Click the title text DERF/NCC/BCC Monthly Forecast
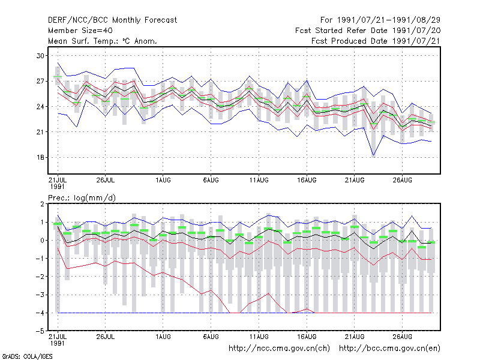[112, 20]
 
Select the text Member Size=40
[80, 31]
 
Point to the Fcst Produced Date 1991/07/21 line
[376, 41]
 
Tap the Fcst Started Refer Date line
[368, 31]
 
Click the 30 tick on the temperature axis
[40, 56]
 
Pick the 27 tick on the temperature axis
[40, 81]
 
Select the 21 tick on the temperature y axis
[40, 132]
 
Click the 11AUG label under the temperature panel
[259, 181]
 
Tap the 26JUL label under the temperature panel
[106, 181]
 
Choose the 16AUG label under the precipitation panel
[307, 337]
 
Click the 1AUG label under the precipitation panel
[163, 337]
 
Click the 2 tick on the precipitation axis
[42, 204]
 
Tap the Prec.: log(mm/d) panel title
[82, 198]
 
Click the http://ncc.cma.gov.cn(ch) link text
[279, 349]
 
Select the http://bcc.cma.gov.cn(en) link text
[389, 349]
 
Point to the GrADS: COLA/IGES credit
[27, 356]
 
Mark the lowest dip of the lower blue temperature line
[373, 155]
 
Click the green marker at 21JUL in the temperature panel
[58, 77]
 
